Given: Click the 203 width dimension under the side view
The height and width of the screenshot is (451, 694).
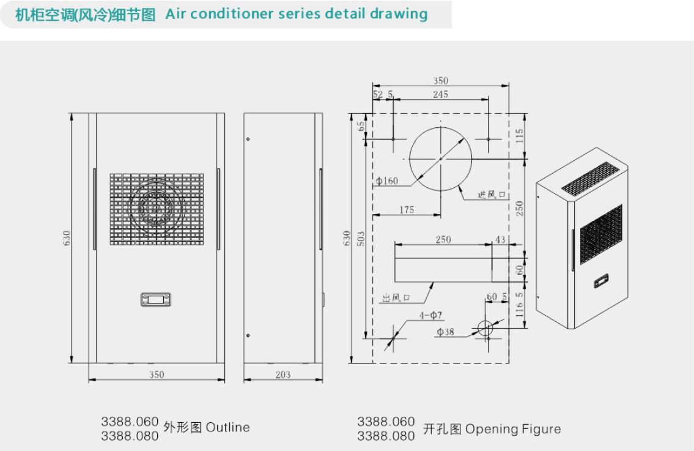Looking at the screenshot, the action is (x=283, y=375).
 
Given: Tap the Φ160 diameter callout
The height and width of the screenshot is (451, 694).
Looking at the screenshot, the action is (x=387, y=181).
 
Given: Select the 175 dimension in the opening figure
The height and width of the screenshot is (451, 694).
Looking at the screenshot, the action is (x=406, y=209).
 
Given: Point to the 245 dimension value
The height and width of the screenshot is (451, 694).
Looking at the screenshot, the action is (x=440, y=94).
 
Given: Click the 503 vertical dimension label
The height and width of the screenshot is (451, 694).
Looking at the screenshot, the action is (x=361, y=238).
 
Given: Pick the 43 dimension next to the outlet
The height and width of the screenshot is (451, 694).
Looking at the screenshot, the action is (x=500, y=240).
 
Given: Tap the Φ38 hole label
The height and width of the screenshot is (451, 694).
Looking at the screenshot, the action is (x=445, y=332).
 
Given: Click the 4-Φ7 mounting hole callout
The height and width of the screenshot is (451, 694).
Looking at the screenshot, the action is (x=430, y=315).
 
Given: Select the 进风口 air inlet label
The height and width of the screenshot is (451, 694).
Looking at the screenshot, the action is (x=491, y=195).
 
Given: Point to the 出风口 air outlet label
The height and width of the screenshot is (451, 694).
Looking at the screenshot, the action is (x=396, y=298).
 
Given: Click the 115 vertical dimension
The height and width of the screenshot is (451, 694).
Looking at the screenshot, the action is (x=520, y=136).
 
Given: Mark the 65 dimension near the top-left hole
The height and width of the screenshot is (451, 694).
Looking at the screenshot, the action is (x=361, y=126).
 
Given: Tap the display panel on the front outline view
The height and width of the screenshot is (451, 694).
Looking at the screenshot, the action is (x=156, y=299).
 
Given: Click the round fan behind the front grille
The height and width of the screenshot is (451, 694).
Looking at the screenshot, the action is (x=157, y=206).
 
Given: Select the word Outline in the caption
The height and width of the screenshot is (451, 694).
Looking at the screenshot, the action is (x=228, y=428).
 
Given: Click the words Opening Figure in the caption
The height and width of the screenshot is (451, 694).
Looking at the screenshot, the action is (x=514, y=429).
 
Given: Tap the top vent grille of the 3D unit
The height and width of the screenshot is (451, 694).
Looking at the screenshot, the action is (x=591, y=178).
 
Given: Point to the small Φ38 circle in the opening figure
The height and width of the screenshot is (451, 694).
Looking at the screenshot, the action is (x=485, y=329).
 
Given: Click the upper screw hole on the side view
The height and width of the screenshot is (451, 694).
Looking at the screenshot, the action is (x=248, y=139).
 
